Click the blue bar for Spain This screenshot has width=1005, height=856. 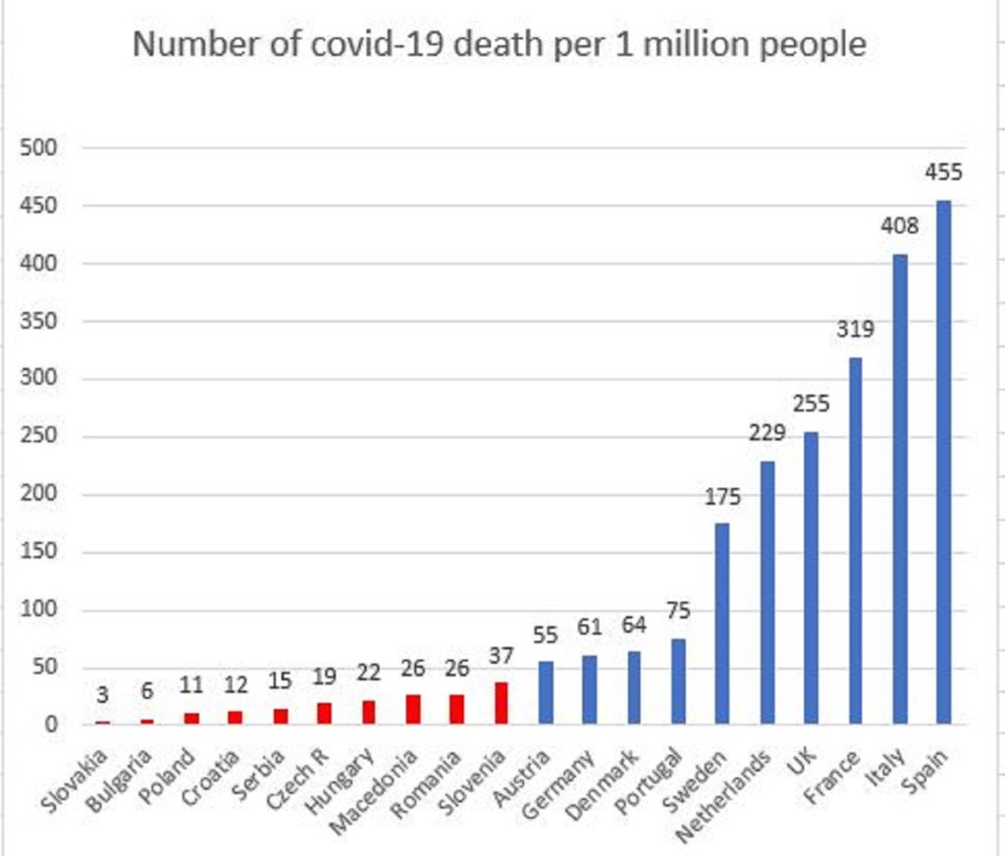tap(943, 462)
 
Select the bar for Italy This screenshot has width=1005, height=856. tap(899, 489)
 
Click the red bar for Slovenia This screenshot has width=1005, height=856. tap(502, 703)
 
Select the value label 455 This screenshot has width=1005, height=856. tap(944, 173)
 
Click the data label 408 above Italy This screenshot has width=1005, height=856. tap(899, 227)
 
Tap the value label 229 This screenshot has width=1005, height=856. tap(767, 432)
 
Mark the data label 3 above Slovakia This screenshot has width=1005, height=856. tap(103, 694)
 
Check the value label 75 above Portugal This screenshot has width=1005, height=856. tap(678, 611)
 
